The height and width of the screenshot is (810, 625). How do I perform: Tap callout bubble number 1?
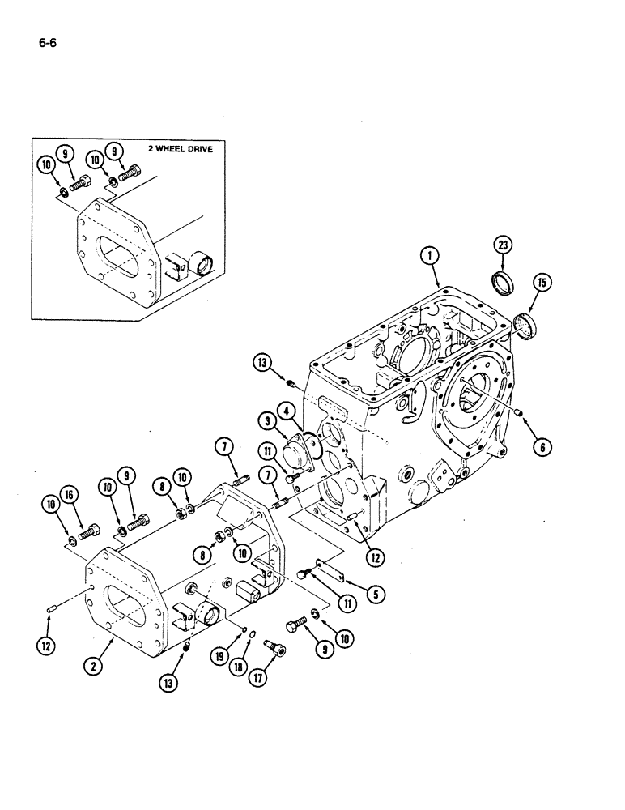point(430,255)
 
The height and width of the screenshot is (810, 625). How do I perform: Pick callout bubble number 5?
point(374,594)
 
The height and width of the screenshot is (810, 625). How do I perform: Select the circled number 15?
point(540,282)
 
